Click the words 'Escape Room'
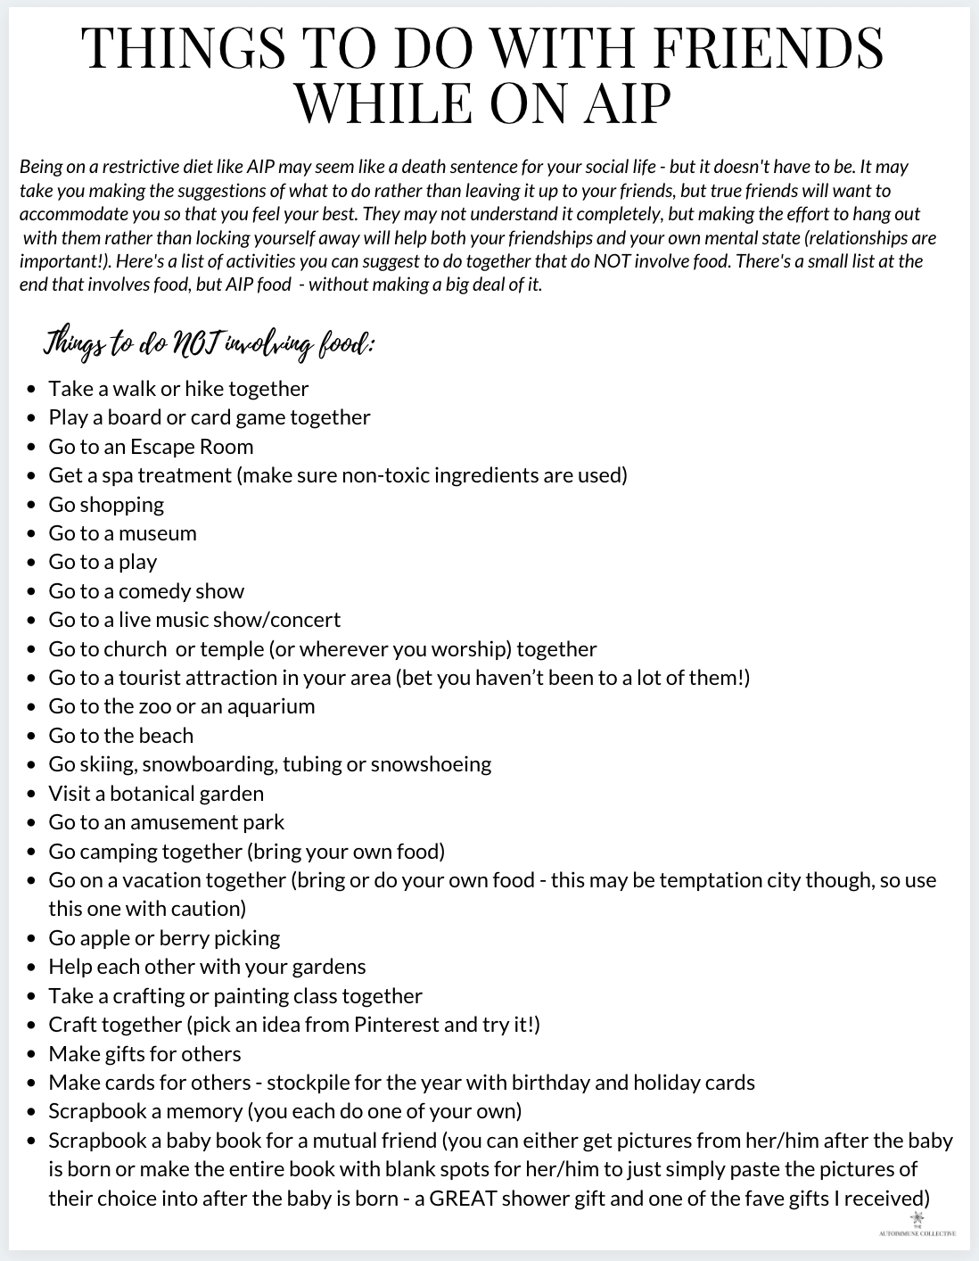[192, 446]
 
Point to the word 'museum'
[158, 533]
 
